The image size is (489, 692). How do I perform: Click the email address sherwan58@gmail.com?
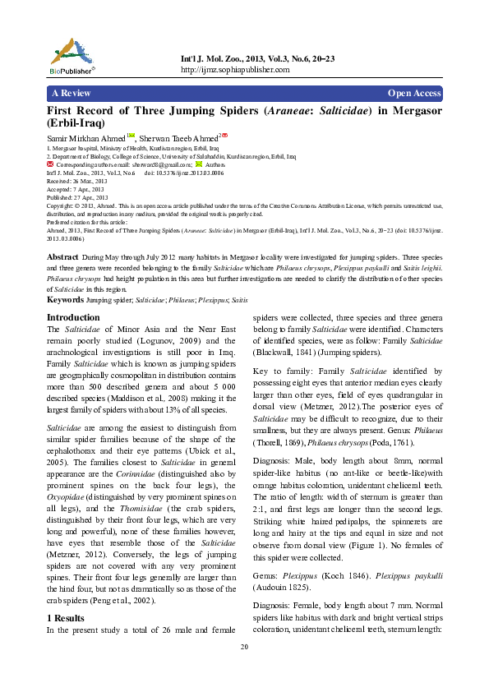160,165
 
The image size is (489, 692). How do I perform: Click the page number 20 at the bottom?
244,648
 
